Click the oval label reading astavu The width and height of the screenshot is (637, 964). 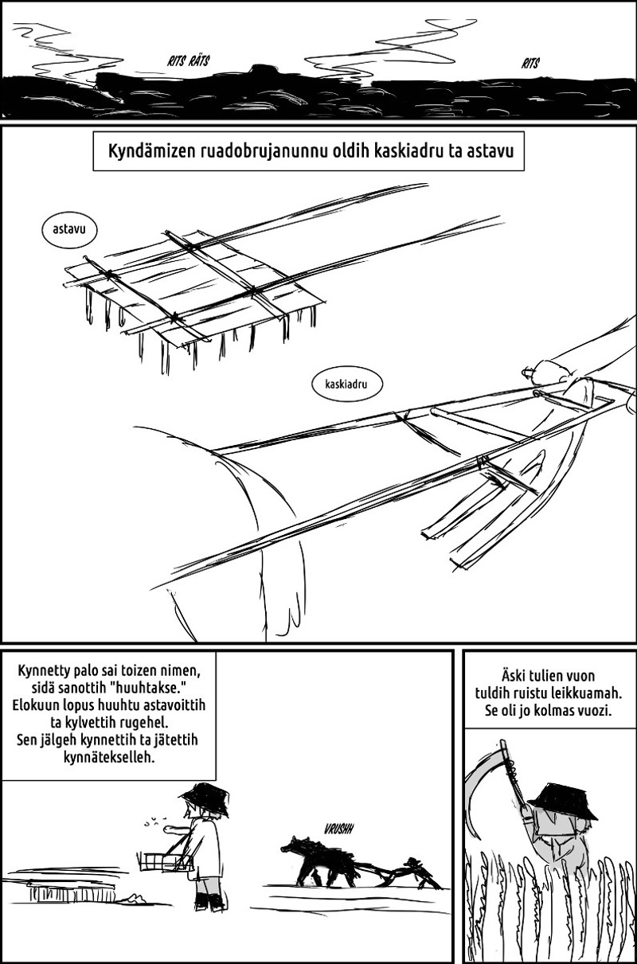[69, 229]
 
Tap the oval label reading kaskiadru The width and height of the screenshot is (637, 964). [347, 384]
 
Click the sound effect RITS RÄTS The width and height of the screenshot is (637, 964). [188, 61]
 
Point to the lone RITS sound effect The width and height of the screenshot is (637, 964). [530, 64]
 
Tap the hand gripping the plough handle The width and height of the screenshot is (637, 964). [548, 372]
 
